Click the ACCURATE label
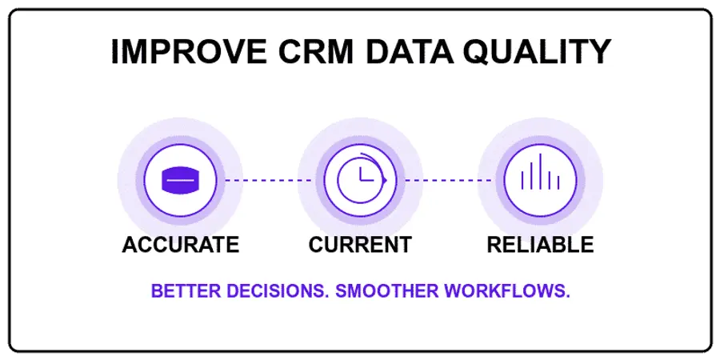click(x=180, y=245)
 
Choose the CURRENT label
click(x=360, y=245)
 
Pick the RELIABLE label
click(x=540, y=245)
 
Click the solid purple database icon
click(x=180, y=180)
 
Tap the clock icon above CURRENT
click(x=360, y=180)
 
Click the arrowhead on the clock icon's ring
click(x=384, y=181)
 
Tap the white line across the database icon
click(x=180, y=181)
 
